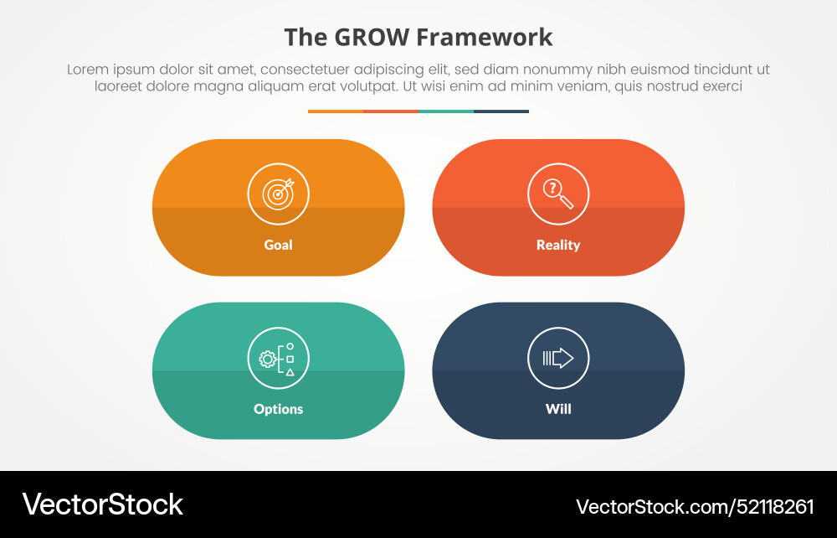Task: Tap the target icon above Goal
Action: click(x=278, y=194)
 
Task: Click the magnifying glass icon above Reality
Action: click(x=558, y=194)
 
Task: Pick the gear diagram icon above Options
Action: click(x=278, y=358)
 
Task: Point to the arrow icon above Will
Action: click(x=558, y=358)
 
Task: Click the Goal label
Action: click(x=278, y=246)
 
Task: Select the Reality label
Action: click(x=558, y=246)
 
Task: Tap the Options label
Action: click(x=278, y=409)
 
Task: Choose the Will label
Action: click(x=558, y=409)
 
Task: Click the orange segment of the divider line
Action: click(x=336, y=111)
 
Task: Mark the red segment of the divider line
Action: click(x=391, y=111)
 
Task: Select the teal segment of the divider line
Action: click(x=446, y=111)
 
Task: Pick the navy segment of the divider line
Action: click(x=501, y=111)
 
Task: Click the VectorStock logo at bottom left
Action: click(x=102, y=504)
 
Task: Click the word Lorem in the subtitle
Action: click(x=89, y=70)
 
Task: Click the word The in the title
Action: click(x=304, y=38)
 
